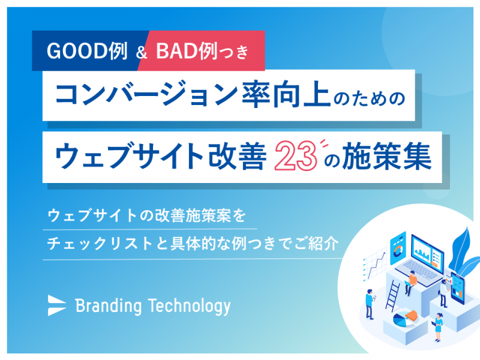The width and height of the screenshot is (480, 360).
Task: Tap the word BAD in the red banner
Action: coord(176,51)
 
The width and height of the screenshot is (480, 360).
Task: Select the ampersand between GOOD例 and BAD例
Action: coord(142,52)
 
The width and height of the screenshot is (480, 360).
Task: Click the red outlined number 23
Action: coord(296,155)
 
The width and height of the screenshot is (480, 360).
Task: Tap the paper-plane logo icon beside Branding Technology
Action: coord(57,305)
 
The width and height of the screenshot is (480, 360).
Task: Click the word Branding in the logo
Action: coord(109,307)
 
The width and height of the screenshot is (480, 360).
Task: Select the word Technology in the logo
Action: coord(190,307)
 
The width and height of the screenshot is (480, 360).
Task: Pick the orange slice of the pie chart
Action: coord(411,315)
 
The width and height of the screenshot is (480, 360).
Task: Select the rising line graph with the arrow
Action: coord(377,264)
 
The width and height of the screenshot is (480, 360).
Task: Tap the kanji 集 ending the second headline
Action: coord(418,155)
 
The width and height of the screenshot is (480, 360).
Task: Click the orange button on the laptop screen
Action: coord(434,264)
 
